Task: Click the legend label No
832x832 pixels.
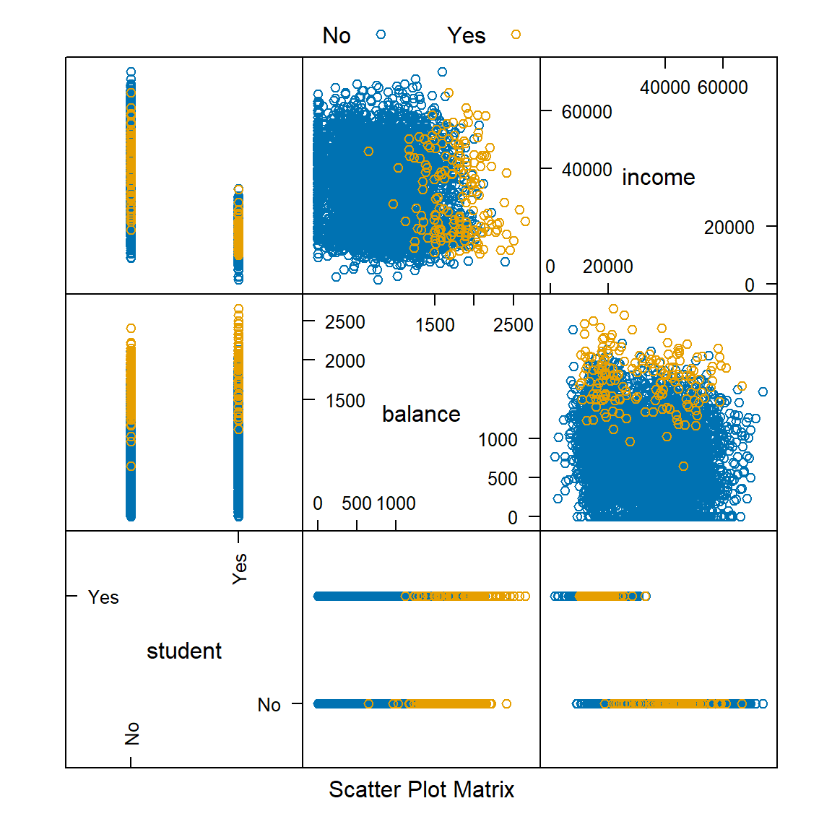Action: (337, 35)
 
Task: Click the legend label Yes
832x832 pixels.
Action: (466, 35)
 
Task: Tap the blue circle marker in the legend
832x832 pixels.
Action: (381, 34)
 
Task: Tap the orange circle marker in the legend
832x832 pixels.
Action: (516, 34)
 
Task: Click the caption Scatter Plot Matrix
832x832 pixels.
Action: (421, 789)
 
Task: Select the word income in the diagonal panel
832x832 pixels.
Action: (658, 178)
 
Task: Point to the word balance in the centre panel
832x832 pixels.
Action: (421, 414)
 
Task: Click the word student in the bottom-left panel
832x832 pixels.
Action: (184, 651)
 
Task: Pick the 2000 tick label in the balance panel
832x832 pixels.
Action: (344, 360)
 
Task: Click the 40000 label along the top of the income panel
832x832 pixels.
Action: (664, 87)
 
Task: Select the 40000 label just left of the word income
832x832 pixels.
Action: (586, 170)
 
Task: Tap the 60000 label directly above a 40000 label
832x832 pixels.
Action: (586, 112)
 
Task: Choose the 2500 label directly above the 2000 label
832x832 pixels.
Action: (344, 322)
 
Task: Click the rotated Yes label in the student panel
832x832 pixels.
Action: (240, 568)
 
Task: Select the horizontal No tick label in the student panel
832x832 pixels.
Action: (269, 705)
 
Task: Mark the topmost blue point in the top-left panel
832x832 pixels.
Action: (131, 72)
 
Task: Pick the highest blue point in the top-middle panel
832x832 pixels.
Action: (442, 71)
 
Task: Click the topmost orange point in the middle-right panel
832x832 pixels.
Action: (613, 309)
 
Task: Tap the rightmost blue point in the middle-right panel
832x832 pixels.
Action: (763, 392)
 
